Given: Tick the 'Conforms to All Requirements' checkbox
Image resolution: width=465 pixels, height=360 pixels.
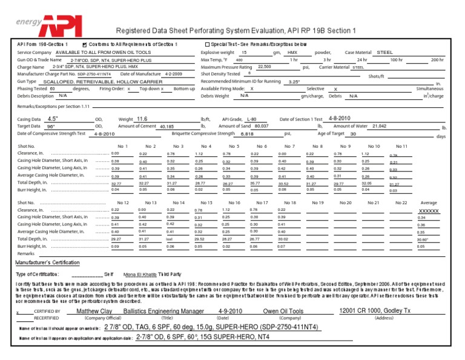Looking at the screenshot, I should pos(84,45).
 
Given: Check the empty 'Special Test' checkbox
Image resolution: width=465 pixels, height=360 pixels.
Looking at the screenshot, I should pos(207,45).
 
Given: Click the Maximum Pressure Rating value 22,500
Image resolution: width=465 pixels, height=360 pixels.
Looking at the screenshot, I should pos(265,67).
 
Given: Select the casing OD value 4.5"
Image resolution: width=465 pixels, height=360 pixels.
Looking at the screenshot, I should pos(53,119).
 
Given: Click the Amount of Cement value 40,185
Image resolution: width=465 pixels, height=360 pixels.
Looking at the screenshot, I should pos(166,127).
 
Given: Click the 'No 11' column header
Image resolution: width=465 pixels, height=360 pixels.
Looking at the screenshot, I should pos(401,146).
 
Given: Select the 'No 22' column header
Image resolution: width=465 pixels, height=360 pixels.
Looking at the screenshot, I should pos(401,202).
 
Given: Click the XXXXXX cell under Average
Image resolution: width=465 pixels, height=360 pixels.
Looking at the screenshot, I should pos(429,210).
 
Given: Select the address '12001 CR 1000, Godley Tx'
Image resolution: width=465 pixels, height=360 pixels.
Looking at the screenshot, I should pos(375,311).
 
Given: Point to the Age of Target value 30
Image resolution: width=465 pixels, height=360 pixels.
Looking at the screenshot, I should pos(353,134).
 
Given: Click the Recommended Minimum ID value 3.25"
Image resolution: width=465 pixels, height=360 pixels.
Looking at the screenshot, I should pos(294,82).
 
